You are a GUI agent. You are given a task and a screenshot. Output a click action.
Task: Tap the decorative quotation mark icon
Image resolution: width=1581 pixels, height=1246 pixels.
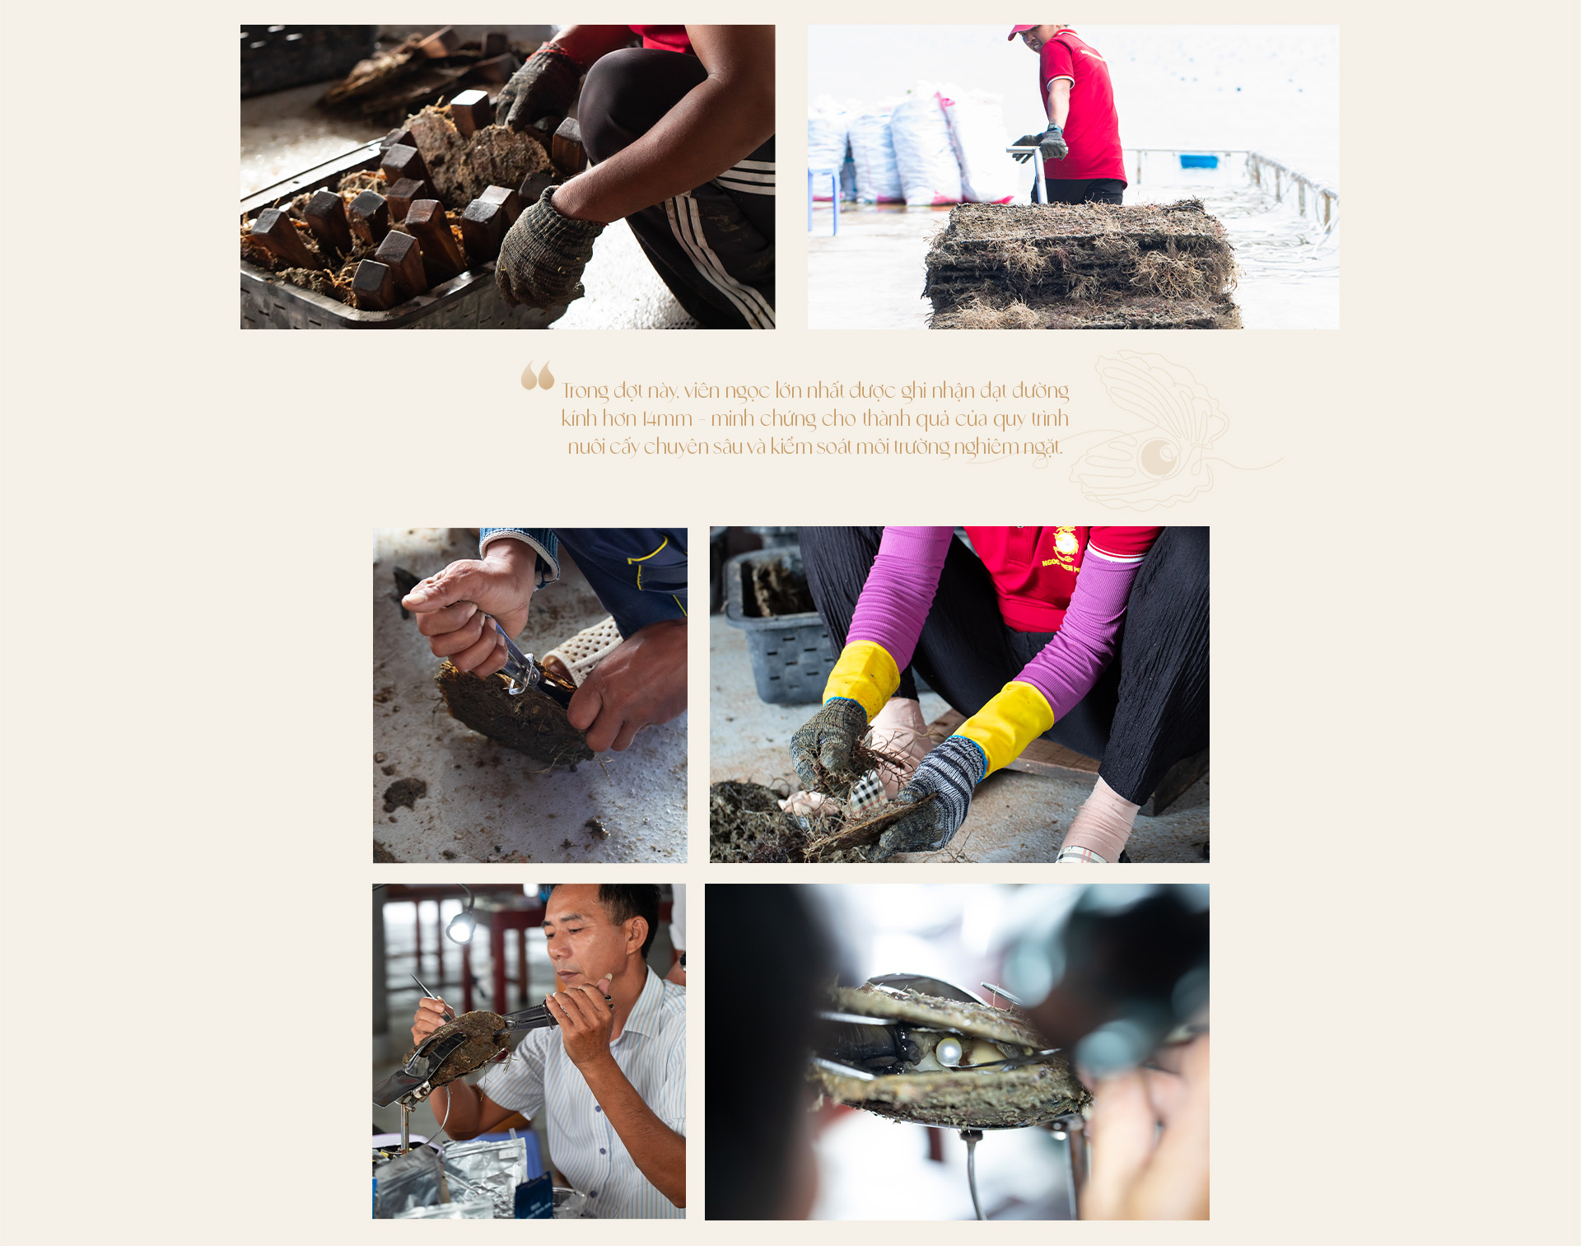537,376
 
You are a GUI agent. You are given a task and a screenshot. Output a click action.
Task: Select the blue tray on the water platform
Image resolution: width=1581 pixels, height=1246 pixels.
1199,161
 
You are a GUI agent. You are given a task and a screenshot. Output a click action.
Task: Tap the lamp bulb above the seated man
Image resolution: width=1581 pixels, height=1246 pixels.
460,928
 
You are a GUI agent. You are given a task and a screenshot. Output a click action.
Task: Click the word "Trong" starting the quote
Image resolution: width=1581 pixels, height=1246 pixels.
585,390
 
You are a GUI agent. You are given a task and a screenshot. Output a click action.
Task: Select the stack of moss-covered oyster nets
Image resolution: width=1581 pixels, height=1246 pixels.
1081,265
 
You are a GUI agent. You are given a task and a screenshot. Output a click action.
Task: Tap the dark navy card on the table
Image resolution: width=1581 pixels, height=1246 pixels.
535,1197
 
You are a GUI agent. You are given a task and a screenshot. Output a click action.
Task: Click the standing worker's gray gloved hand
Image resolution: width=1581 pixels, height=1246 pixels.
1047,142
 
